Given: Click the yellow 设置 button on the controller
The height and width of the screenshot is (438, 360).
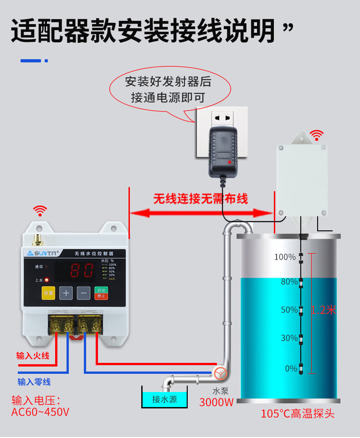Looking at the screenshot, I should click(48, 293).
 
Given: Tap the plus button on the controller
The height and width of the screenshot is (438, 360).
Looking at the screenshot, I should click(66, 293).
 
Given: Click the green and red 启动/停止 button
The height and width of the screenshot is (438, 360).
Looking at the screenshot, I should click(101, 293).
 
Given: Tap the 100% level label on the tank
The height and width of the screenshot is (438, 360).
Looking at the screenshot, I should click(285, 257).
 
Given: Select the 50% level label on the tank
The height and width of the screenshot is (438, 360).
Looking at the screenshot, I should click(289, 310).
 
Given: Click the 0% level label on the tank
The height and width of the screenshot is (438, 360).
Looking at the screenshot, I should click(291, 368).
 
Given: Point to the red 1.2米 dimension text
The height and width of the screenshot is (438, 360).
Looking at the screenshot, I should click(323, 310).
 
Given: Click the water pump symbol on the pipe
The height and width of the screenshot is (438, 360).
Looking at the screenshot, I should click(221, 373).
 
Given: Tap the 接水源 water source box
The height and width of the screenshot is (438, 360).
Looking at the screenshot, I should click(165, 399).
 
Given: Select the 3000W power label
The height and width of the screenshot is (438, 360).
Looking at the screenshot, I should click(216, 402).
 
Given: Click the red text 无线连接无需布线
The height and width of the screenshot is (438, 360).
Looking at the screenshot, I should click(201, 199).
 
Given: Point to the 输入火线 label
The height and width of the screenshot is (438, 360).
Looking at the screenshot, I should click(33, 356).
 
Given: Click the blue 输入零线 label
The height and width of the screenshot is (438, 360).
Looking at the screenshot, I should click(34, 382).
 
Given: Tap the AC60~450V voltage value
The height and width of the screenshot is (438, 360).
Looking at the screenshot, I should click(40, 413).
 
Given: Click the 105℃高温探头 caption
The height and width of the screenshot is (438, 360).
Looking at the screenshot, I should click(298, 414).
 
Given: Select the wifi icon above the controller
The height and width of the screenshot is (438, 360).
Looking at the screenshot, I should click(40, 211).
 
